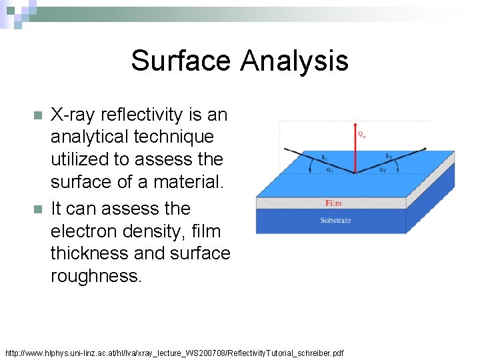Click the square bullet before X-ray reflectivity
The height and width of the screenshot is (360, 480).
pyautogui.click(x=37, y=115)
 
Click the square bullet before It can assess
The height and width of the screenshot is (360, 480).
pyautogui.click(x=37, y=209)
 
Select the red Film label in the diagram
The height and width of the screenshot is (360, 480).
pyautogui.click(x=333, y=203)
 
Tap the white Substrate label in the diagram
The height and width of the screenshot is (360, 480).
pyautogui.click(x=335, y=221)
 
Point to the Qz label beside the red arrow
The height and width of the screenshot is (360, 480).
pyautogui.click(x=361, y=134)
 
